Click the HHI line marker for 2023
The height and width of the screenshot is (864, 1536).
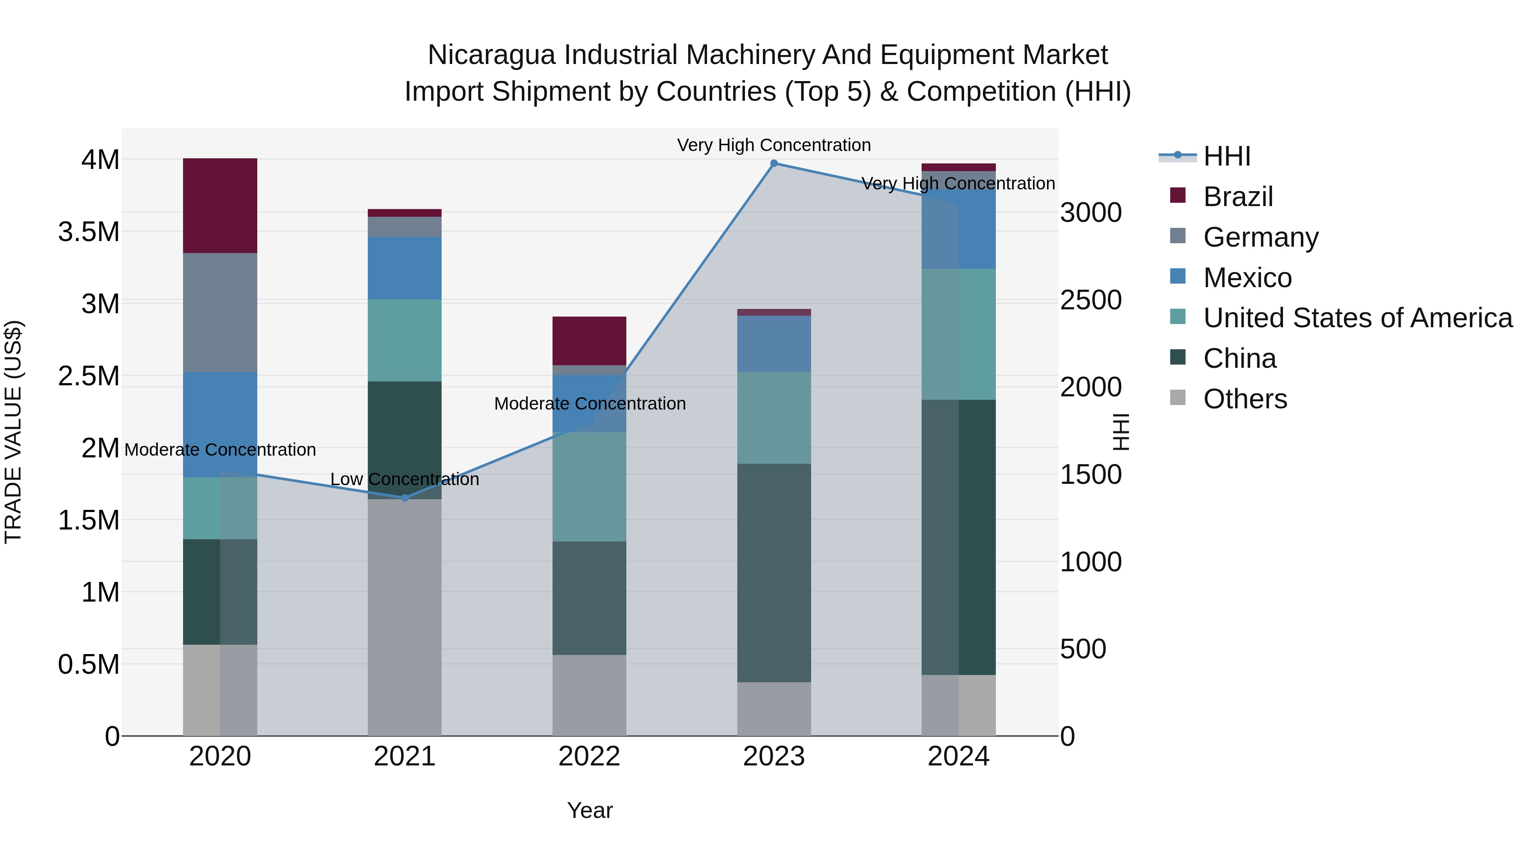coord(774,163)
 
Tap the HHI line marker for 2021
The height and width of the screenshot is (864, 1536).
coord(405,498)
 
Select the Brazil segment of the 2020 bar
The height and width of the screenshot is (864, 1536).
coord(220,206)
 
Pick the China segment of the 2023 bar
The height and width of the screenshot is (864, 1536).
coord(774,573)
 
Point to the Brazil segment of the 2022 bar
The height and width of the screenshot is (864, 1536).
coord(589,340)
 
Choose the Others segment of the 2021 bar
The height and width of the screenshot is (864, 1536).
coord(405,617)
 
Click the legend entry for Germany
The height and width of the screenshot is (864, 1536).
coord(1260,237)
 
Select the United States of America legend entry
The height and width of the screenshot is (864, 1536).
coord(1357,318)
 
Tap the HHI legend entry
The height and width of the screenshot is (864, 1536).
coord(1226,156)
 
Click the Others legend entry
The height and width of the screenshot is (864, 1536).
coord(1245,399)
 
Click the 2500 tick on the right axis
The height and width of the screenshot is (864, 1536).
coord(1091,300)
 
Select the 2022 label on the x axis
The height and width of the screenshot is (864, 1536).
coord(589,756)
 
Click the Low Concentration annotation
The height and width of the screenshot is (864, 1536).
coord(405,480)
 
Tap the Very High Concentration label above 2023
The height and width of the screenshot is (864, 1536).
coord(774,145)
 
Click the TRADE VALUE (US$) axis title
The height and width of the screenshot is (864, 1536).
coord(13,432)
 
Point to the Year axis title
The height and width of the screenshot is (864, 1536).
coord(590,810)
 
